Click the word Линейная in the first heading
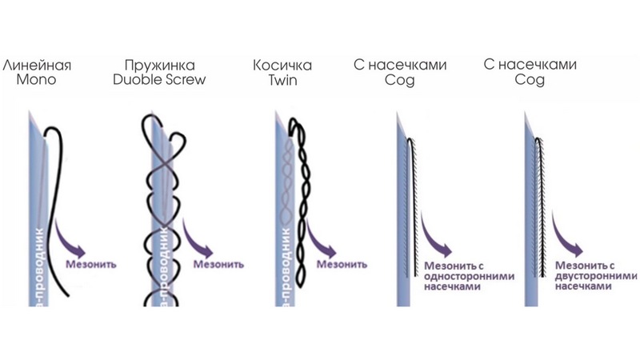37,64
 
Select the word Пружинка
164,64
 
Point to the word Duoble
146,80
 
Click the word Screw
187,80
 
